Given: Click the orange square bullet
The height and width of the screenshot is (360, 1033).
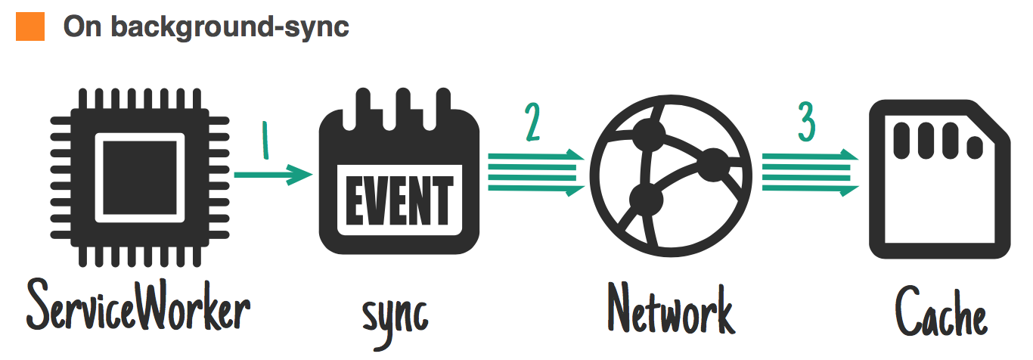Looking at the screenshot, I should click(31, 26).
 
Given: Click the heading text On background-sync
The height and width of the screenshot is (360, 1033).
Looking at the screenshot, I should click(206, 26).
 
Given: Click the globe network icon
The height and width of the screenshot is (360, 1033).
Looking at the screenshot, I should click(670, 182).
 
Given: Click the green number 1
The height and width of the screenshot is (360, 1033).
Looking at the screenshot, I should click(265, 141).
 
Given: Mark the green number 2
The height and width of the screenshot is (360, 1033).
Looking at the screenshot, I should click(533, 124).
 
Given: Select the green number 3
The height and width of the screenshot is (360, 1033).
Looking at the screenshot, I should click(807, 124).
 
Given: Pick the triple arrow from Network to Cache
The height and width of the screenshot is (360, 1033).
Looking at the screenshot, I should click(810, 173).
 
